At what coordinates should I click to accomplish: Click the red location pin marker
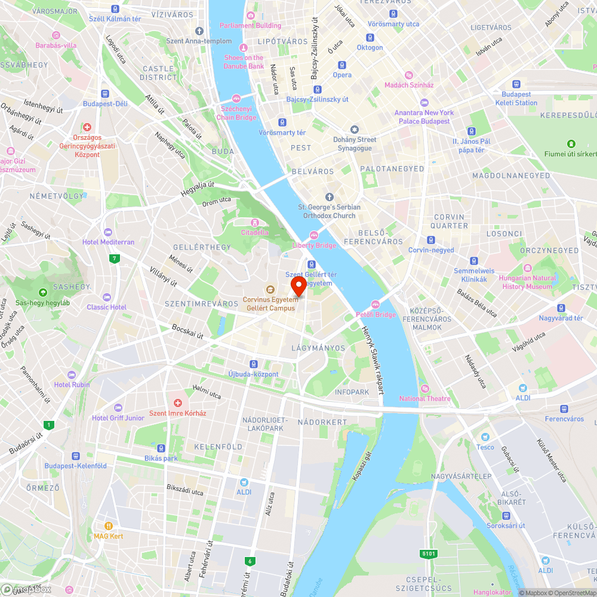coord(298,285)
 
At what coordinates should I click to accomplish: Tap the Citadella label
coord(255,232)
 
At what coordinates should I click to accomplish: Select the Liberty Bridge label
coord(314,245)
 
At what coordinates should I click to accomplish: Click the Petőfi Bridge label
coord(376,314)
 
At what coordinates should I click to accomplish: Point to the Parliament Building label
coord(250,26)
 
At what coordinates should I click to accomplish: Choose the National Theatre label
coord(426,398)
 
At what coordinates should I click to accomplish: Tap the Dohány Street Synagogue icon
coord(355,129)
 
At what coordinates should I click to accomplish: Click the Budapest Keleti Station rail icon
coord(516,85)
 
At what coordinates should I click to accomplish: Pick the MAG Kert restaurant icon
coord(109,526)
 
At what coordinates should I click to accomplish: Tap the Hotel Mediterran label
coord(109,242)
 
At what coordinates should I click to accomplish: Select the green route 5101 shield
coord(429,554)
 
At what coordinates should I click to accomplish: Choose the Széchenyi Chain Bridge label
coord(237,113)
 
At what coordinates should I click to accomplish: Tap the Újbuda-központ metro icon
coord(254,364)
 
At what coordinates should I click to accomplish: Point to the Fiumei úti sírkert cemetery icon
coord(571,143)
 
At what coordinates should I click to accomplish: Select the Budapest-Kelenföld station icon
coord(75,456)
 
